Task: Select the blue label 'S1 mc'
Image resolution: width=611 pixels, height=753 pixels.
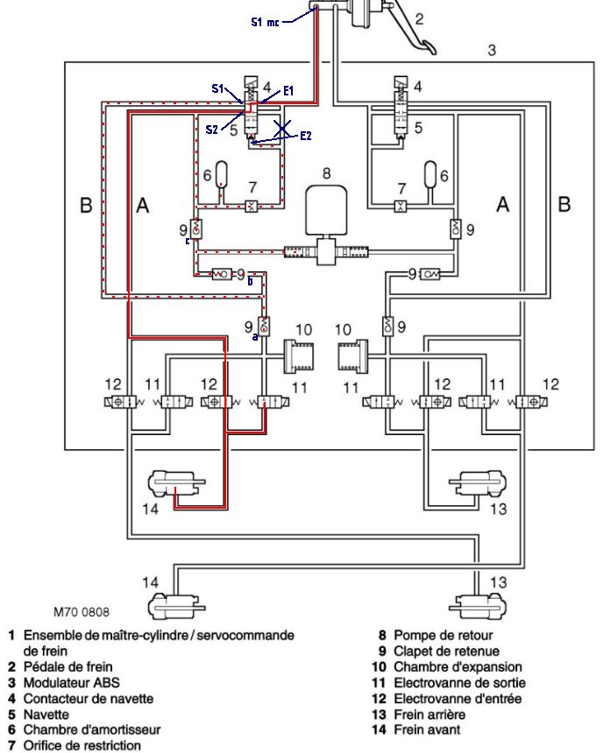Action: click(x=266, y=22)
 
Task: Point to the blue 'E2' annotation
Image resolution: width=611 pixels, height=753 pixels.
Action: click(x=305, y=136)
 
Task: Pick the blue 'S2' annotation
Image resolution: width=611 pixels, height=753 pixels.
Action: click(x=212, y=129)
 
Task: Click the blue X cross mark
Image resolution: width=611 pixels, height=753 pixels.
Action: click(x=281, y=130)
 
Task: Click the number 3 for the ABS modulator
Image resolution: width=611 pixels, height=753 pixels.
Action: click(x=492, y=50)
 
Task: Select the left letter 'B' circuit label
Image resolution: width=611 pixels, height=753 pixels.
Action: click(x=86, y=205)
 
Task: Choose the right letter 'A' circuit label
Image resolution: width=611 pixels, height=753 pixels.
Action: click(x=503, y=204)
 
